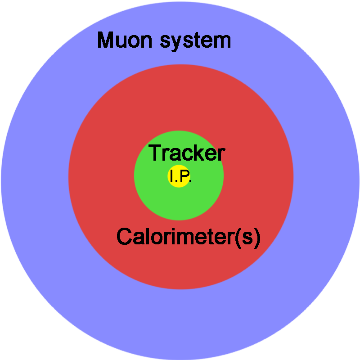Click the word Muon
click(x=125, y=40)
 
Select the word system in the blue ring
click(x=195, y=41)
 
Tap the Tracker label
click(x=187, y=153)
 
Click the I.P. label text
click(x=180, y=176)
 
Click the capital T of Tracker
click(x=156, y=153)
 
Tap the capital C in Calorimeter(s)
click(x=124, y=236)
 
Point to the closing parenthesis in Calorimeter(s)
click(x=257, y=238)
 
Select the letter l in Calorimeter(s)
click(x=148, y=236)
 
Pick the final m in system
click(x=222, y=41)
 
